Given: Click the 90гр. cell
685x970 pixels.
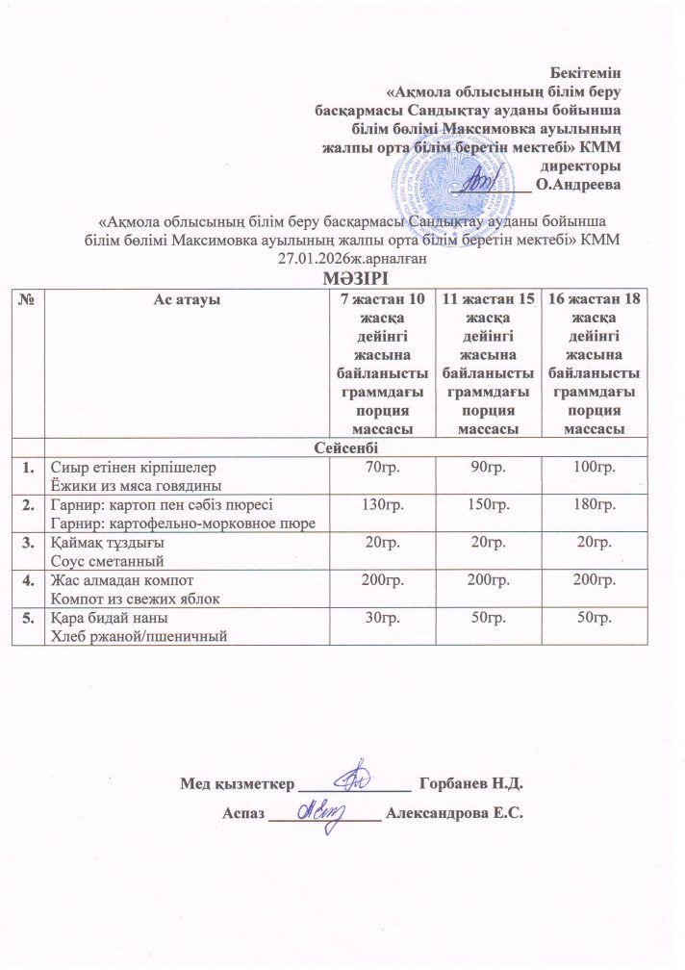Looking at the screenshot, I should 486,467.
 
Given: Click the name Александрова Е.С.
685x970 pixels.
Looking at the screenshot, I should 453,814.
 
